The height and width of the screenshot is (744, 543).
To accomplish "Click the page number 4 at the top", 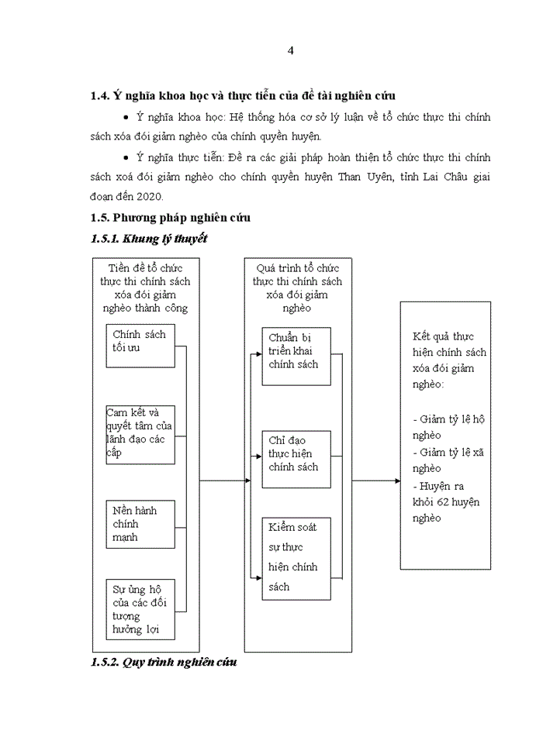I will (x=290, y=51).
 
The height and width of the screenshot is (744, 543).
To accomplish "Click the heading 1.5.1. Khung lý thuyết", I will (x=148, y=239).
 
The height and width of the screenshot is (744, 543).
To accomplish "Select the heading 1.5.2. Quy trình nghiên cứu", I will (x=164, y=663).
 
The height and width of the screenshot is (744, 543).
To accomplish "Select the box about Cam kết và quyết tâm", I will (x=140, y=434).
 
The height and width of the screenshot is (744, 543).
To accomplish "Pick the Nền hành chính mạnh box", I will (x=140, y=524).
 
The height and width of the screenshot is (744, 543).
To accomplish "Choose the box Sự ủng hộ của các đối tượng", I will (x=140, y=608).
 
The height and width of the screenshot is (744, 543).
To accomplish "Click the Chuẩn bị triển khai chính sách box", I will (x=296, y=356).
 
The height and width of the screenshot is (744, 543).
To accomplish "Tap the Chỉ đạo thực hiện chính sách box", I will (x=296, y=459).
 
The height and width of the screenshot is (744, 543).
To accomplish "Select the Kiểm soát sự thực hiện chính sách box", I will (x=296, y=557).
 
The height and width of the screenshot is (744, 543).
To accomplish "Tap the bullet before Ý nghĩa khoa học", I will (x=126, y=117).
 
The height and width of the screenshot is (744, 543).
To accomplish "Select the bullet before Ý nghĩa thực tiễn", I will (x=126, y=158).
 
